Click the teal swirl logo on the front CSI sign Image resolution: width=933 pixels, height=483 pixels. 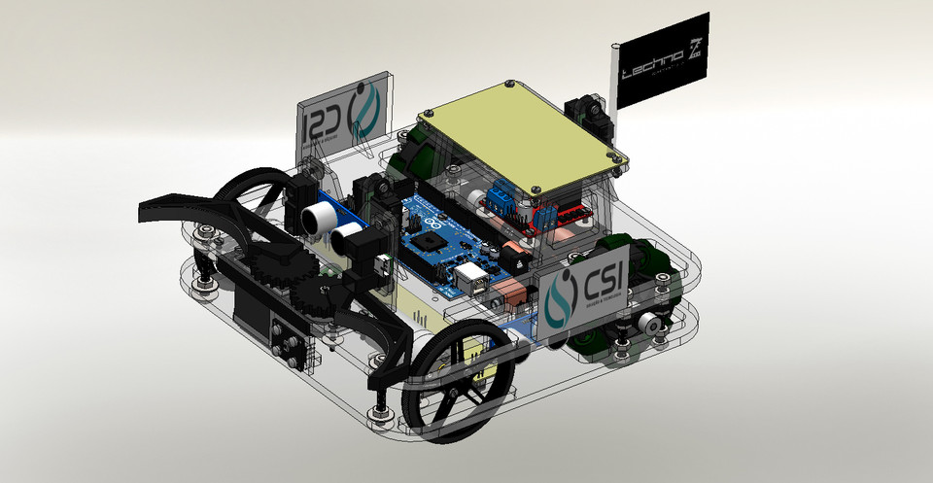[562, 297]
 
